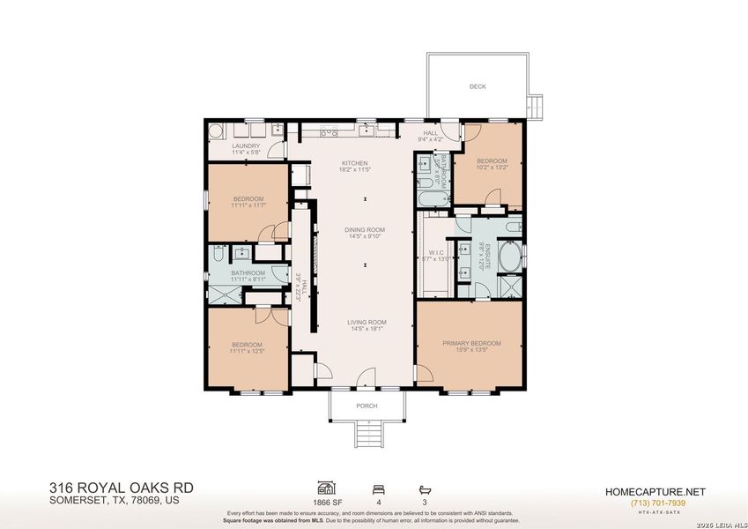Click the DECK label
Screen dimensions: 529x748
tap(477, 86)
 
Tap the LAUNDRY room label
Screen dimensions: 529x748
tap(246, 146)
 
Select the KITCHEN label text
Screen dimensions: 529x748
tap(355, 163)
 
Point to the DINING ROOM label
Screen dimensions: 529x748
tap(366, 230)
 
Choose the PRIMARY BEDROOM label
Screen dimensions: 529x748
tap(471, 343)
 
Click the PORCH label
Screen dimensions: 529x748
tap(367, 406)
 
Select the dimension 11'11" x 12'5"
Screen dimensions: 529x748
tap(248, 351)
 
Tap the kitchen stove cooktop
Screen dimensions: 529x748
tap(329, 132)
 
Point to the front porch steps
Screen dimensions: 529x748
tap(366, 433)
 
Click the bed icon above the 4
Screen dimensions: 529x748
tap(379, 487)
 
